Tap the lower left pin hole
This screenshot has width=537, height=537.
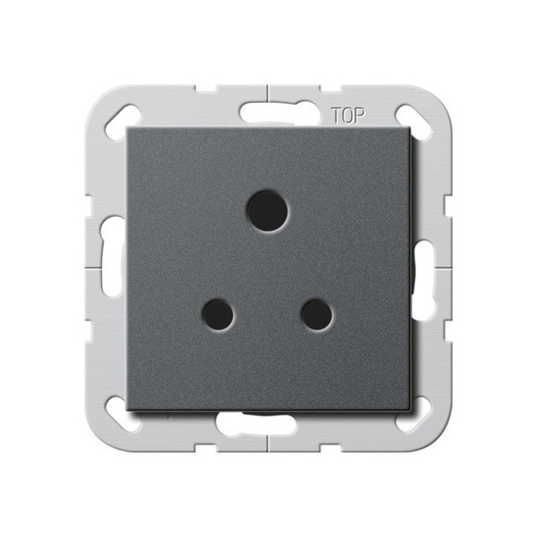tap(218, 314)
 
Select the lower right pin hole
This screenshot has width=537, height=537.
tap(316, 314)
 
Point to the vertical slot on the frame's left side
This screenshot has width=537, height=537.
tap(111, 268)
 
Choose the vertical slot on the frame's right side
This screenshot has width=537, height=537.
tap(426, 268)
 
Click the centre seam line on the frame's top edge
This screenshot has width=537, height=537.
tap(268, 93)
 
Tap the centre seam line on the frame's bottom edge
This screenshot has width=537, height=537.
tap(268, 443)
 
